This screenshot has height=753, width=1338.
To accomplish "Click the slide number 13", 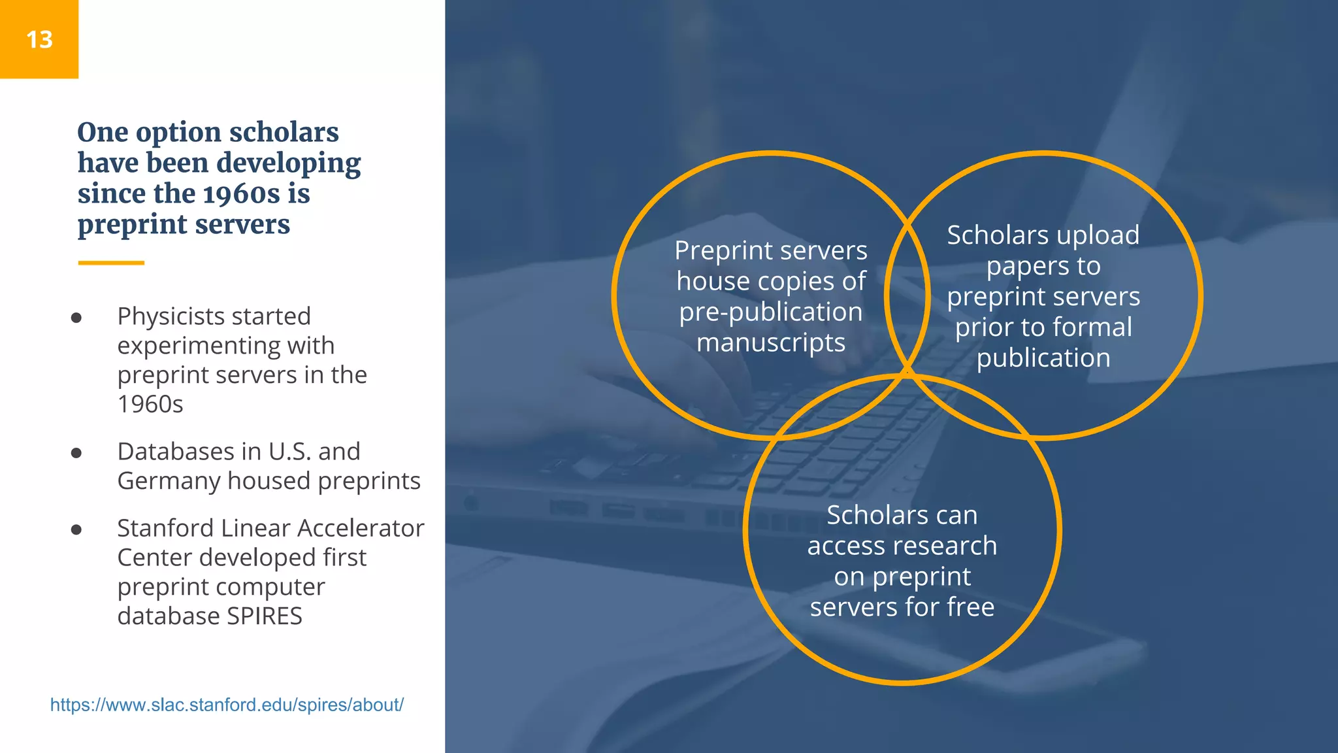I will point(39,40).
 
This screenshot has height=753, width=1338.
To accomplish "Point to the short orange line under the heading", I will point(111,263).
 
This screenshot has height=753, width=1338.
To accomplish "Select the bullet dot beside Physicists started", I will point(76,318).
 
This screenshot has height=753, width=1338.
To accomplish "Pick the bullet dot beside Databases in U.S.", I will point(76,453).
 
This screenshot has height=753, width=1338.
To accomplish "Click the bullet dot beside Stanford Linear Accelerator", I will point(76,529).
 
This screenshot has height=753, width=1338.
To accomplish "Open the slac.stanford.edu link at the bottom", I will point(227,705).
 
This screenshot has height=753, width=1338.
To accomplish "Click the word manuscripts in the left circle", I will point(771,343).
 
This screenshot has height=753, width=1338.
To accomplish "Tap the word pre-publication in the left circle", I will point(771,312).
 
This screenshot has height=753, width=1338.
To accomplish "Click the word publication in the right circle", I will point(1043,358).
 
